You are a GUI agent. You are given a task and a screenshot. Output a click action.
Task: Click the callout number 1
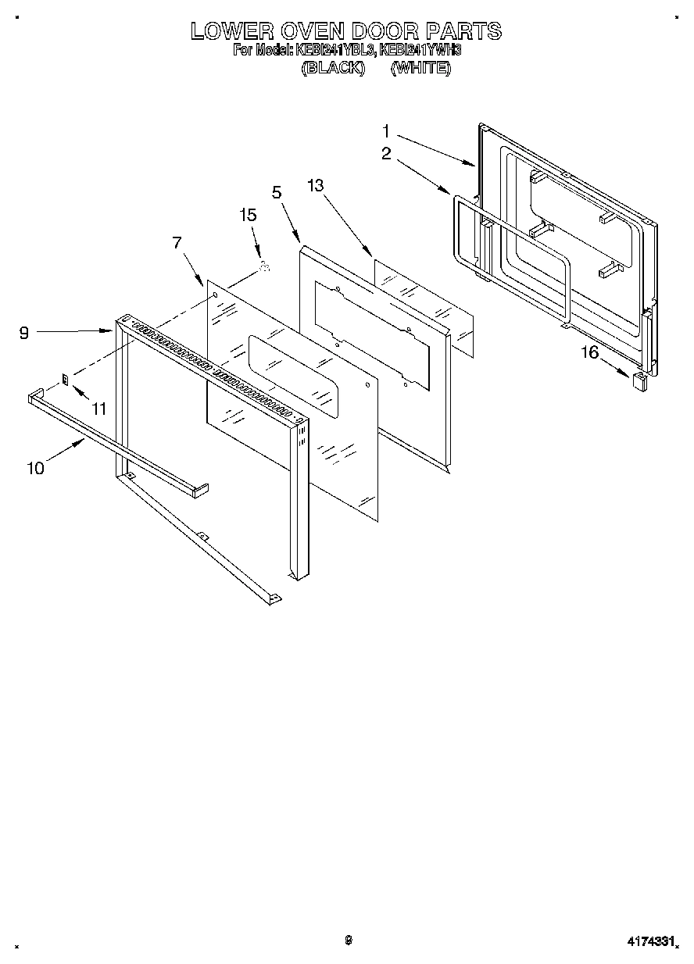click(x=386, y=130)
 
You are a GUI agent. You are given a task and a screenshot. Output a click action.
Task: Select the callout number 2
click(x=386, y=155)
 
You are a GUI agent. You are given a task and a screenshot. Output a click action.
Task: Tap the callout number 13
click(x=316, y=185)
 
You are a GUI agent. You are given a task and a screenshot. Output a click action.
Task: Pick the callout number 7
click(x=177, y=243)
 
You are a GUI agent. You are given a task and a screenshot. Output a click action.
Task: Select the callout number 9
click(x=24, y=333)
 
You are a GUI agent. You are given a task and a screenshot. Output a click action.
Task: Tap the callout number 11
click(x=98, y=408)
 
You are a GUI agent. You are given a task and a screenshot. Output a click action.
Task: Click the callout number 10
click(x=35, y=468)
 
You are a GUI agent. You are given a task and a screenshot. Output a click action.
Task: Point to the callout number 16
click(x=588, y=353)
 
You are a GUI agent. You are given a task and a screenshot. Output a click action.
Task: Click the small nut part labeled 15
click(x=264, y=268)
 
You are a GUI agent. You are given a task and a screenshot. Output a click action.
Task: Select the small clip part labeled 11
click(x=66, y=379)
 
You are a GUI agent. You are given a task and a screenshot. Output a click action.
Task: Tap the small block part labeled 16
click(x=639, y=380)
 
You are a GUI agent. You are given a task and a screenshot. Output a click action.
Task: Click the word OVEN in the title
click(x=322, y=31)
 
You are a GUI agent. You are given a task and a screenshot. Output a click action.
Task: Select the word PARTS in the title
click(x=463, y=31)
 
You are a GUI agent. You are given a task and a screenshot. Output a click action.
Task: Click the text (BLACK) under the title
click(x=334, y=68)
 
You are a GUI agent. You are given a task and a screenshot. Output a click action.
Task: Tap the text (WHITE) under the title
click(x=420, y=68)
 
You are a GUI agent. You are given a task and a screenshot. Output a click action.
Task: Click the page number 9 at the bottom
click(x=349, y=940)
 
